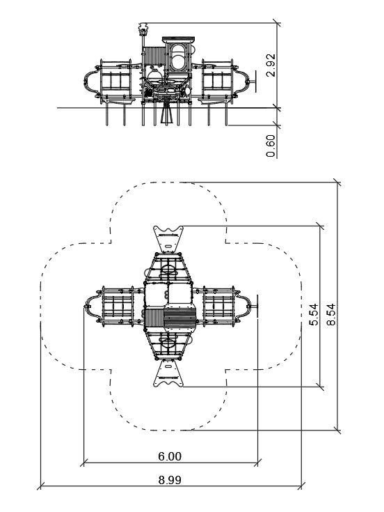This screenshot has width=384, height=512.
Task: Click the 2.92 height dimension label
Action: [x=271, y=65]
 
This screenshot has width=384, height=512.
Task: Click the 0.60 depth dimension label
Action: [x=271, y=146]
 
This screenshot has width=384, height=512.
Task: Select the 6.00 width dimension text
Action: [x=170, y=456]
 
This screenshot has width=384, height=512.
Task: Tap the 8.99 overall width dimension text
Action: [x=170, y=480]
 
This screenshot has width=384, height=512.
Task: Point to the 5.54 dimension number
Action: [x=314, y=314]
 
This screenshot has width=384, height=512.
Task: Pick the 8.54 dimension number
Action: [x=331, y=314]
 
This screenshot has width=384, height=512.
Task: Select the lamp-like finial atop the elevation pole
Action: [x=143, y=29]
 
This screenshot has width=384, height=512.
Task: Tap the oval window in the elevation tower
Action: [x=177, y=57]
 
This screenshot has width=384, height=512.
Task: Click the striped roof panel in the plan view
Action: [x=179, y=318]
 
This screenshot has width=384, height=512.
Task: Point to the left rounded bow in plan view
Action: [x=93, y=307]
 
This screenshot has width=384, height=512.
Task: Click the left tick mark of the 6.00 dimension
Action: [x=83, y=463]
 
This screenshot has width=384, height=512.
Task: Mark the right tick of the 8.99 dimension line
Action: [x=301, y=486]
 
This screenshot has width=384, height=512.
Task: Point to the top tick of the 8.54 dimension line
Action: [x=337, y=183]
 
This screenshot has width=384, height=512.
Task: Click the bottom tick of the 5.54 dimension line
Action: [x=321, y=387]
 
